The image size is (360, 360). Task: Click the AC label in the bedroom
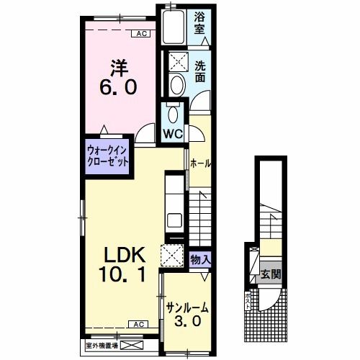[141, 34]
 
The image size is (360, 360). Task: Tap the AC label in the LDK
[138, 325]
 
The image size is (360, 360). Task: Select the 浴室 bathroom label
[199, 24]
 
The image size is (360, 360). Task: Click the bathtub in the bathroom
[174, 27]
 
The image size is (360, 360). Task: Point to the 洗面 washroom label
[200, 71]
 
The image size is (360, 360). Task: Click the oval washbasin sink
[178, 84]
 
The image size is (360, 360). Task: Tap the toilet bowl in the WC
[173, 114]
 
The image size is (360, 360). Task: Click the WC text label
[173, 134]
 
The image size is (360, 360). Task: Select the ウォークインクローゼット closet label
[107, 156]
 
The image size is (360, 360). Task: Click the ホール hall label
[200, 163]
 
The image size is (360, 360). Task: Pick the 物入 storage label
[200, 259]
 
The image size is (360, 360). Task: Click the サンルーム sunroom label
[188, 308]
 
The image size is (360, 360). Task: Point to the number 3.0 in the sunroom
[187, 321]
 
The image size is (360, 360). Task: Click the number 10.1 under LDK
[122, 275]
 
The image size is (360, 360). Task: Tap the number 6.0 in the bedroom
[119, 86]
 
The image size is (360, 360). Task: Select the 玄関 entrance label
[271, 274]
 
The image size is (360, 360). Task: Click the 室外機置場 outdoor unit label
[102, 346]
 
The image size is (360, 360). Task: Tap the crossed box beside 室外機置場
[132, 346]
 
